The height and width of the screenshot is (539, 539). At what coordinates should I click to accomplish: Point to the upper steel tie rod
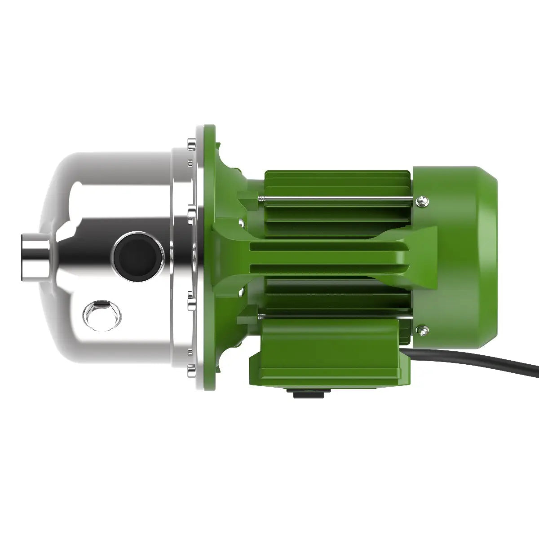point(337,199)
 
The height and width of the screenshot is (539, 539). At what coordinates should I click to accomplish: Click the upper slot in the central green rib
point(328,246)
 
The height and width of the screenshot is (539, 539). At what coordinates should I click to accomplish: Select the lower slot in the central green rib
point(328,268)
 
